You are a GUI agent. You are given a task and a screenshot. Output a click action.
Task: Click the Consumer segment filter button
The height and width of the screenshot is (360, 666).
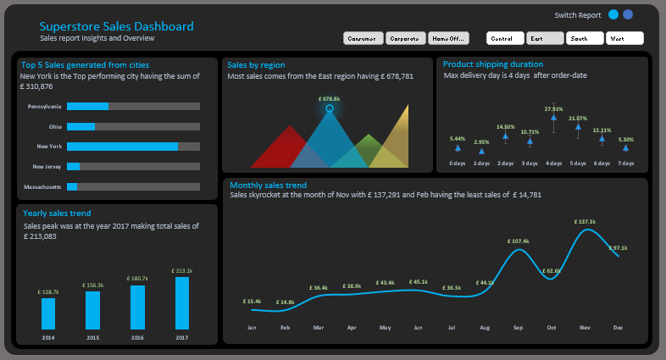pyautogui.click(x=363, y=39)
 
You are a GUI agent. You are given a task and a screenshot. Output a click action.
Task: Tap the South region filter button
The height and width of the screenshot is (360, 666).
pyautogui.click(x=586, y=39)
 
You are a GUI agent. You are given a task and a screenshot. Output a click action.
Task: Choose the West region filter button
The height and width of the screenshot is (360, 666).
pyautogui.click(x=624, y=39)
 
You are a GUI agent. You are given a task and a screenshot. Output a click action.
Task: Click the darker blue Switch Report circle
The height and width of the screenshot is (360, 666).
pyautogui.click(x=628, y=14)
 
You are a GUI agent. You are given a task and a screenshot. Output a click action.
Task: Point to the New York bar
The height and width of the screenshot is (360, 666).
pyautogui.click(x=122, y=147)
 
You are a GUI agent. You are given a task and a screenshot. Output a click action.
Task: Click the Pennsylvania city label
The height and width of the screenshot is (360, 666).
pyautogui.click(x=44, y=107)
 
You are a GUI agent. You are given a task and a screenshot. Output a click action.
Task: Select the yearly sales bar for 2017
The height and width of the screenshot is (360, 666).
pyautogui.click(x=182, y=302)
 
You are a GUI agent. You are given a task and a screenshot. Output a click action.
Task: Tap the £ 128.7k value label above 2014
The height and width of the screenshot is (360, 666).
pyautogui.click(x=48, y=291)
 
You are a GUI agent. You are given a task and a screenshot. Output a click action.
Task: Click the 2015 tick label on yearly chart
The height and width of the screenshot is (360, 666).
pyautogui.click(x=93, y=337)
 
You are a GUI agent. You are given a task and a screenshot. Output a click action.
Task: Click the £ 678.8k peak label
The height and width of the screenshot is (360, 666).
pyautogui.click(x=329, y=99)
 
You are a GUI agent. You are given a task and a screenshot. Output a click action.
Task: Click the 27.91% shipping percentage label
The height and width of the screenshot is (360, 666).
pyautogui.click(x=553, y=108)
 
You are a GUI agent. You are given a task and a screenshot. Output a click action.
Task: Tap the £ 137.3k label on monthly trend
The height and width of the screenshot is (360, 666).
pyautogui.click(x=588, y=221)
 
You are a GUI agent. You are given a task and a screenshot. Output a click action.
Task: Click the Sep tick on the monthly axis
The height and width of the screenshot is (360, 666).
pyautogui.click(x=519, y=327)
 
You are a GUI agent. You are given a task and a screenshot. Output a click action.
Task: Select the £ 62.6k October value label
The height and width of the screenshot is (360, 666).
pyautogui.click(x=552, y=270)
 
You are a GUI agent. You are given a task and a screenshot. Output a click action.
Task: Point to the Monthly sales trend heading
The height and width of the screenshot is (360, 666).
pyautogui.click(x=267, y=185)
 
